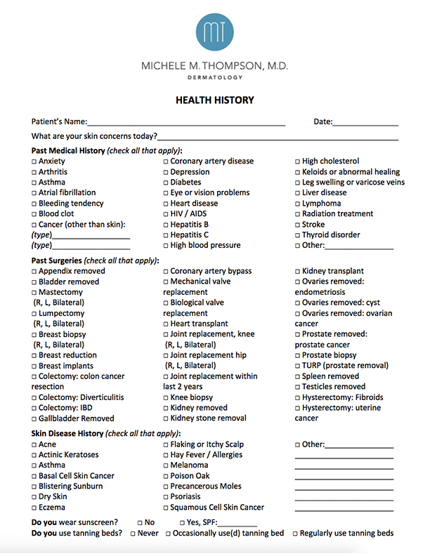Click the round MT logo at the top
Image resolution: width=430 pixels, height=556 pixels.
(215, 32)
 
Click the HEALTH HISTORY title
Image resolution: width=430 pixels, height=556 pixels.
(215, 100)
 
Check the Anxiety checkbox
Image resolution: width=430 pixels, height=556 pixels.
(34, 161)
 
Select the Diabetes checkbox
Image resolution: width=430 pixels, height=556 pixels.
(166, 183)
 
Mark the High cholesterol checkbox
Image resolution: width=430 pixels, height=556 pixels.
(298, 161)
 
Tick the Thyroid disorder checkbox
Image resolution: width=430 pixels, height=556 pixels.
(298, 235)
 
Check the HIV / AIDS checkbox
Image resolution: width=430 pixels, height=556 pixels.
(166, 214)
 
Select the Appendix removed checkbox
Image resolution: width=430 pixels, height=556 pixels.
(34, 272)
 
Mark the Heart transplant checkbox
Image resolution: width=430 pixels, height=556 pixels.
(166, 324)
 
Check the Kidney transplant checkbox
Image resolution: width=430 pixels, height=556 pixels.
(298, 272)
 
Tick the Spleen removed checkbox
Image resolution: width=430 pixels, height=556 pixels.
(298, 377)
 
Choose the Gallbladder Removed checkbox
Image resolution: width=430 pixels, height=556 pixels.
(34, 419)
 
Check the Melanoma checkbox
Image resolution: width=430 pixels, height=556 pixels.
(166, 465)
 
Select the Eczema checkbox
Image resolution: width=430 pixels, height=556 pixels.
(34, 508)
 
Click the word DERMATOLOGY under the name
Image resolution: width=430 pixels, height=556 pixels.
(215, 77)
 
